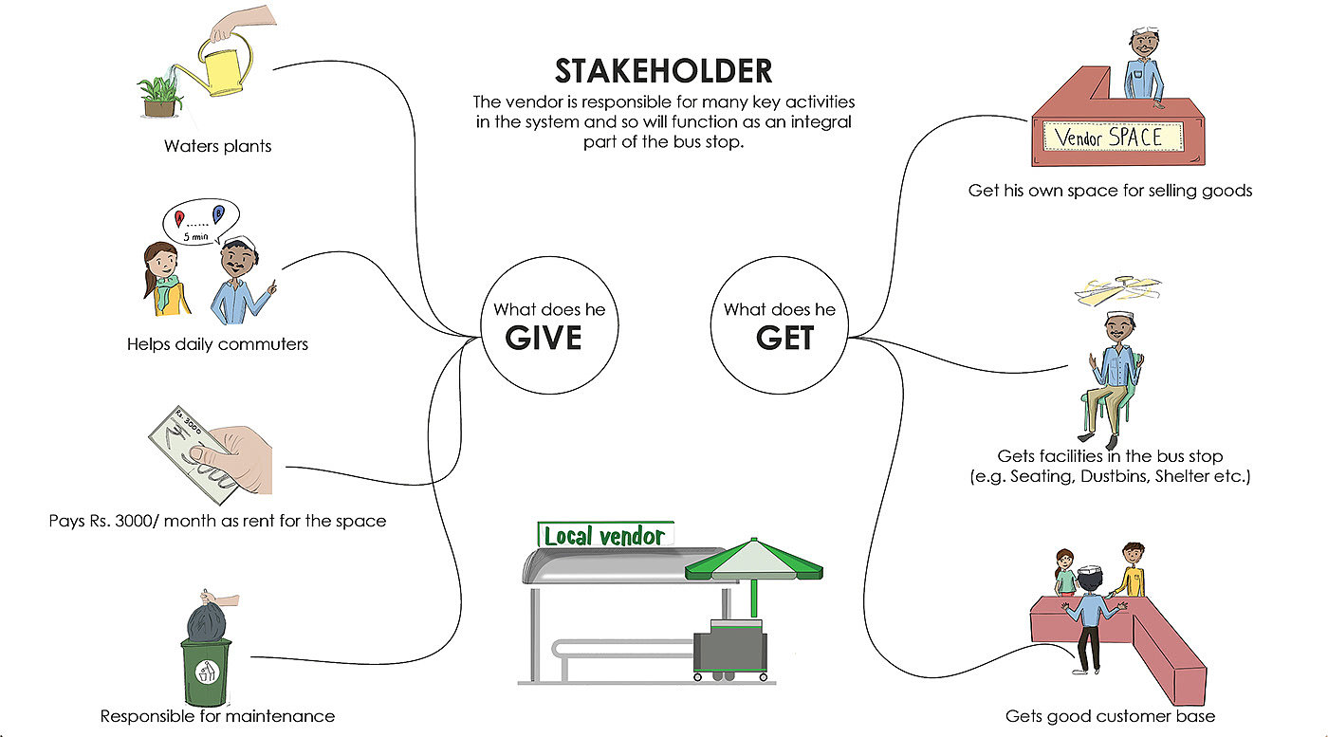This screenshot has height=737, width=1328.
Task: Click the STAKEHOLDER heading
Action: pos(663,71)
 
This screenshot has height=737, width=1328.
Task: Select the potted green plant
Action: pos(159,91)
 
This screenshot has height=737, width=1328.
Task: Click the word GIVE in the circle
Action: pos(544,338)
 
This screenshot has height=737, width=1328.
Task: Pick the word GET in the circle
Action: pos(784,338)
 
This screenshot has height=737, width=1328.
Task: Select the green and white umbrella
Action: pos(754,562)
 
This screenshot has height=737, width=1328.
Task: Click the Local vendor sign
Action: pos(605,536)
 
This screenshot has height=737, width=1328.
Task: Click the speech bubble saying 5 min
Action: pos(197,224)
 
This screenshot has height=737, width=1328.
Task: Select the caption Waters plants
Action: pos(217,146)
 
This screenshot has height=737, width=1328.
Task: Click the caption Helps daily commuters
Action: pos(217,344)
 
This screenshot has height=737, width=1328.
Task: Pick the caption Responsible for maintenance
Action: pos(217,715)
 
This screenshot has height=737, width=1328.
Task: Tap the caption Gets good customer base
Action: pos(1109,715)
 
